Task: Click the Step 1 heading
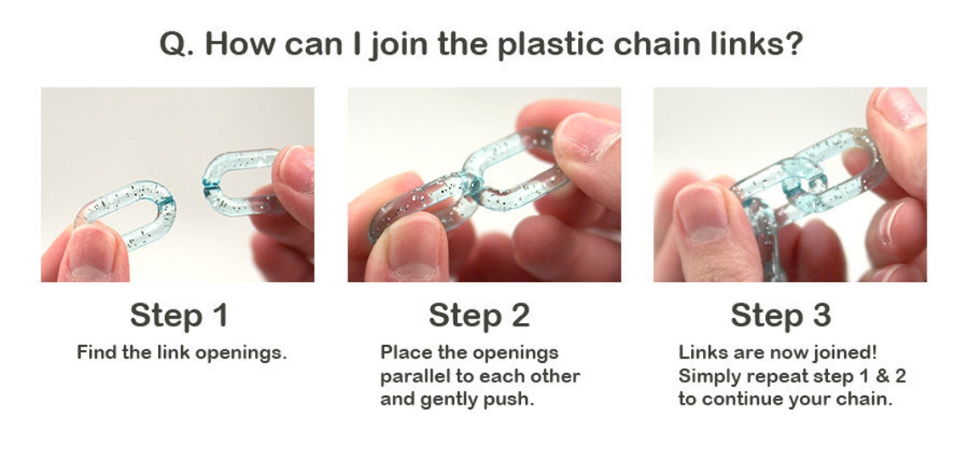pos(178,315)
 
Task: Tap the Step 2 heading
pos(479,315)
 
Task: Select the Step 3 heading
pos(780,315)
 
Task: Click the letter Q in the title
pos(175,43)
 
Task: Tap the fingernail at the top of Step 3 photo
pos(899,105)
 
